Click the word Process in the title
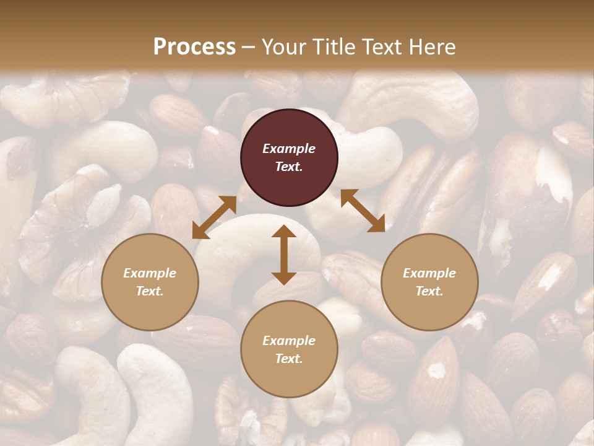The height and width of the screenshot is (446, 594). click(x=194, y=47)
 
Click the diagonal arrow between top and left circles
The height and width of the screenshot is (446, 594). click(x=214, y=217)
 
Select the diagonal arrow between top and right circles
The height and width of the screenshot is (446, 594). click(x=363, y=211)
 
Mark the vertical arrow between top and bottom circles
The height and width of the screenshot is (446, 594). click(x=284, y=255)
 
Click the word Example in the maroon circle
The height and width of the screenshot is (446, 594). click(x=289, y=149)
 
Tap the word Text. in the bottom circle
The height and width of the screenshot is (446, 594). click(x=289, y=359)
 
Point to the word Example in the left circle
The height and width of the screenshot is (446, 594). click(x=150, y=273)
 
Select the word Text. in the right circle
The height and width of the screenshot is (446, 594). click(x=429, y=291)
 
